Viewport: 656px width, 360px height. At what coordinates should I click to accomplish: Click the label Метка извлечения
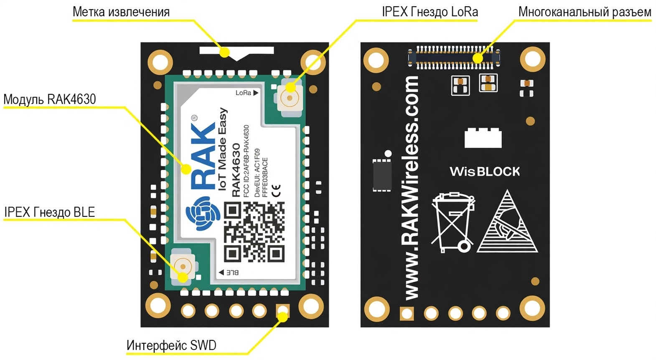click(x=121, y=12)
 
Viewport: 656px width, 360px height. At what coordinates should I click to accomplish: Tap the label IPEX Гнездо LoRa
click(x=430, y=12)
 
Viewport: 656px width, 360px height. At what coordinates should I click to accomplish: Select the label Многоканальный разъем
click(x=585, y=12)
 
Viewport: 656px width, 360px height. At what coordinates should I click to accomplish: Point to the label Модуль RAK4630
click(x=50, y=99)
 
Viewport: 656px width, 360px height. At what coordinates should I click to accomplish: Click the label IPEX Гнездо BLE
click(x=50, y=212)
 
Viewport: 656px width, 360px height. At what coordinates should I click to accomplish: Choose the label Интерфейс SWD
click(x=171, y=345)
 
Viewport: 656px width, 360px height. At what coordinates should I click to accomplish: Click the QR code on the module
click(x=254, y=232)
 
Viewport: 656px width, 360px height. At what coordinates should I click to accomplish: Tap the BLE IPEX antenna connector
click(x=182, y=266)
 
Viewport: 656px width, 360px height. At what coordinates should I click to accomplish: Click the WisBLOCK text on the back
click(x=485, y=171)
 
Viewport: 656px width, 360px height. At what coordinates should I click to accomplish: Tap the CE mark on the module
click(x=276, y=190)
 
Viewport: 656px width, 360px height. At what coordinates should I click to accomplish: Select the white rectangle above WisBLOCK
click(x=483, y=138)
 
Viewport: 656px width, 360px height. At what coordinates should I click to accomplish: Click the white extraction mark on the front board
click(x=236, y=52)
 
